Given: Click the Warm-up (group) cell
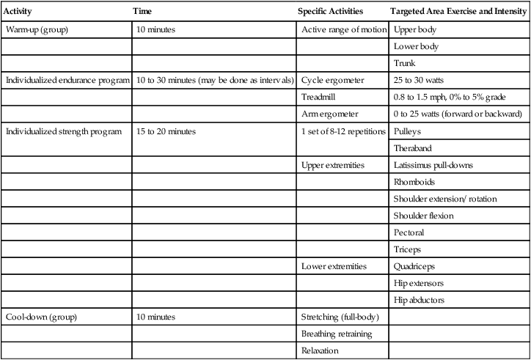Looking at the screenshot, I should pos(36,31).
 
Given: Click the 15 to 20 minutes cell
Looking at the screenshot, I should pos(165,131).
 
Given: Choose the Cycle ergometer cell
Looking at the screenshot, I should pos(333,80).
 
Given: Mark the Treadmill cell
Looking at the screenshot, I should pos(320,97).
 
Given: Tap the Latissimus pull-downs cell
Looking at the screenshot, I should pos(433,166).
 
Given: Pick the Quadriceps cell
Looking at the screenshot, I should pos(414,266).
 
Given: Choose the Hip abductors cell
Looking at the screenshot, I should pos(419,300).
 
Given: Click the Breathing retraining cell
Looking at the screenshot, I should pos(337,334).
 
